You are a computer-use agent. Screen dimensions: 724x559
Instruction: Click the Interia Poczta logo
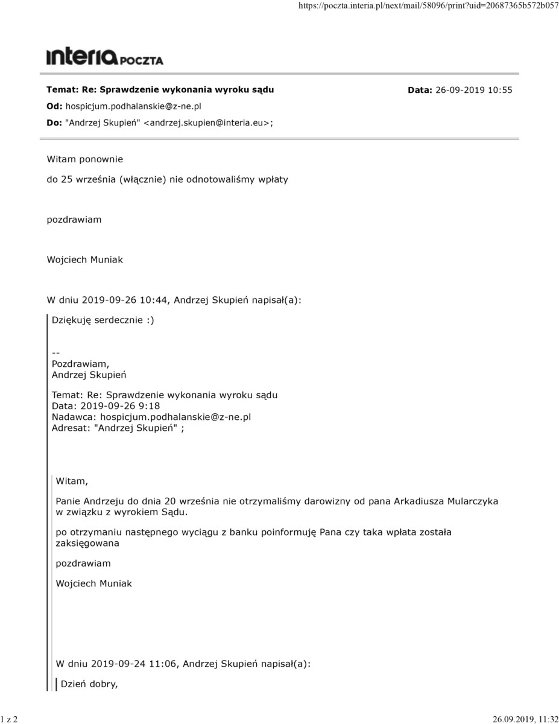click(104, 57)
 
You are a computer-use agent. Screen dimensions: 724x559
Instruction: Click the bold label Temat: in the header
click(62, 89)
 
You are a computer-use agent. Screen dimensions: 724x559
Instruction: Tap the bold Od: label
click(54, 106)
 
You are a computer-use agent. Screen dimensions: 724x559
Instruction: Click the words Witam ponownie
click(84, 159)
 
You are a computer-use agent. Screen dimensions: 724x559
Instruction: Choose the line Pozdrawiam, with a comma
click(80, 364)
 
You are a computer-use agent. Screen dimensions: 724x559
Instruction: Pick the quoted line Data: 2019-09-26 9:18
click(106, 406)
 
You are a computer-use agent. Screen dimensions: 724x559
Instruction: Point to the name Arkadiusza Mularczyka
click(446, 501)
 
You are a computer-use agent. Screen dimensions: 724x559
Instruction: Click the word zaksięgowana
click(87, 543)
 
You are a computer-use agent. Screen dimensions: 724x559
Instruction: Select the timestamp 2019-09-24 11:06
click(134, 664)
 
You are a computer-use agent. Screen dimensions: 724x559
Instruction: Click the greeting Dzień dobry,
click(89, 684)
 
